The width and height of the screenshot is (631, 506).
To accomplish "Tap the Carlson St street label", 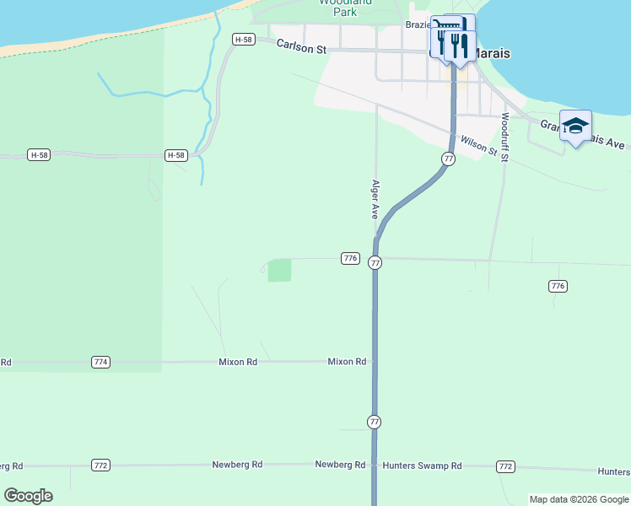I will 301,49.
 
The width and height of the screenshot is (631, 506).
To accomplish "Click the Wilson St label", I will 478,144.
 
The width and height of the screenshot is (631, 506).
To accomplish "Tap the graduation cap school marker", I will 575,126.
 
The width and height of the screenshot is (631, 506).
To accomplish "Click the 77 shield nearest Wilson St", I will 448,159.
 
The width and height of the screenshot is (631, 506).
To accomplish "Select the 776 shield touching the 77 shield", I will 351,258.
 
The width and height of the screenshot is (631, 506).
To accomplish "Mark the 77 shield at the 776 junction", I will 375,263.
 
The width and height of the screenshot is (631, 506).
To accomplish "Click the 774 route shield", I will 100,362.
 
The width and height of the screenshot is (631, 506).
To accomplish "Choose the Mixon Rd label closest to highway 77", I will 347,362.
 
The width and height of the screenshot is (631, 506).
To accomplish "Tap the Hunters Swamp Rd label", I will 422,466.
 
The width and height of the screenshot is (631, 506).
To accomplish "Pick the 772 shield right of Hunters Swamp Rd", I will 505,466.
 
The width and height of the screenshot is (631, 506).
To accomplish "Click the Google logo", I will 28,496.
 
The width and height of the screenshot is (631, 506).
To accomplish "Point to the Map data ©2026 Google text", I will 579,499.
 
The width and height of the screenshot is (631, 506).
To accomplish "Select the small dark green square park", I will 279,271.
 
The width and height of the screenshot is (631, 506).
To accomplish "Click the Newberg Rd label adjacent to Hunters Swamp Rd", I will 340,465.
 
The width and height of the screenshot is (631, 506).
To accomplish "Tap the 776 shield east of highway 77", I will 557,286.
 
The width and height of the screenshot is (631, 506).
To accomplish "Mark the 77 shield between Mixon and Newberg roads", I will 375,421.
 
